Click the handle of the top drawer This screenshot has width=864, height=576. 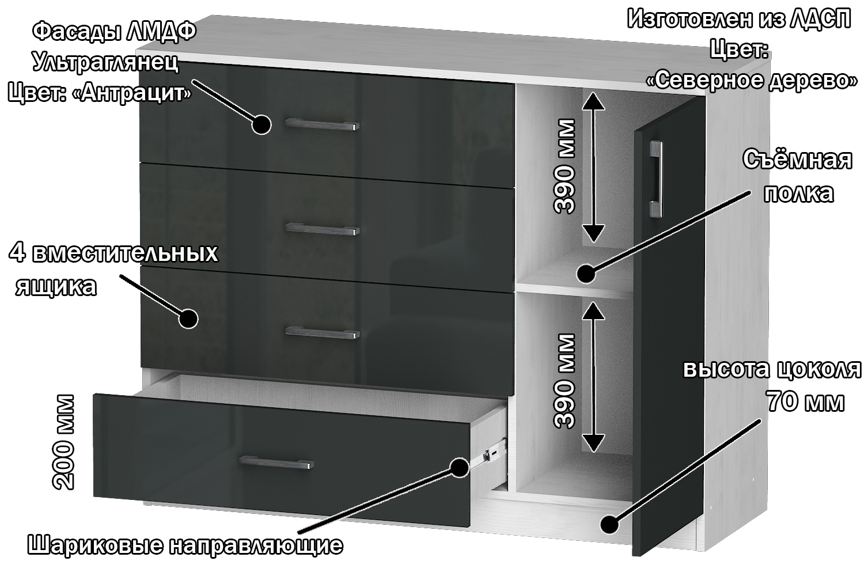tap(322, 124)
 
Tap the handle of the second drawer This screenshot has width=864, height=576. tap(323, 229)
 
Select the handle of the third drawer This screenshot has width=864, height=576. tap(323, 332)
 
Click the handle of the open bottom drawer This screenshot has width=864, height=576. tap(276, 462)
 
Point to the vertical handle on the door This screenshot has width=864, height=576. tap(655, 179)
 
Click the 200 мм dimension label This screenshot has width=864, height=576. tap(63, 442)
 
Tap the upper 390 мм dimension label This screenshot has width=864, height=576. tap(564, 166)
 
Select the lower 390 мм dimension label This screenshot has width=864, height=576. tap(564, 381)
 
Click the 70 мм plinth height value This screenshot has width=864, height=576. tap(805, 401)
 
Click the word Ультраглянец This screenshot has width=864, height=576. tap(105, 62)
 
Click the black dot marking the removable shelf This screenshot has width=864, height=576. tap(586, 274)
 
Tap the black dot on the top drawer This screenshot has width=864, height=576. tap(262, 124)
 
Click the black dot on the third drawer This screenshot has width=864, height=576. tap(188, 319)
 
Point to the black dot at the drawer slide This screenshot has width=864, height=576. tap(460, 467)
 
